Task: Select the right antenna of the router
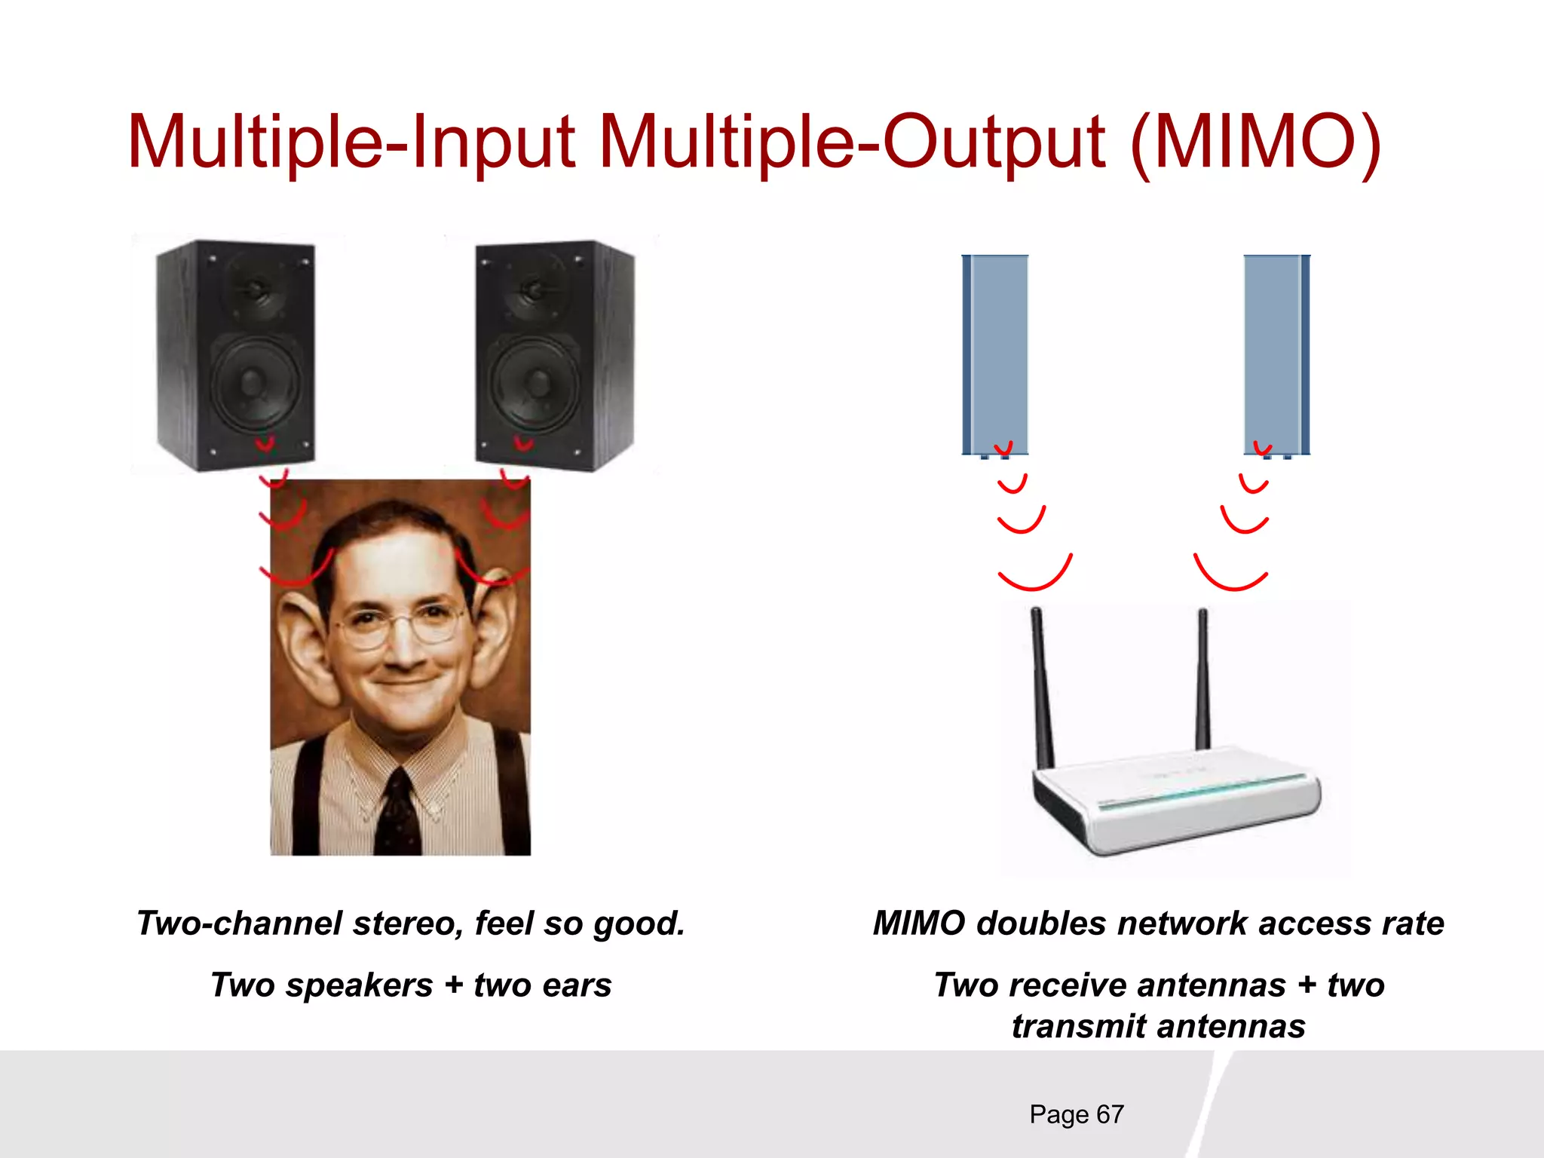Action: (x=1202, y=679)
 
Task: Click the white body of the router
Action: (x=1176, y=807)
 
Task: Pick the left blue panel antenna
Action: (x=995, y=354)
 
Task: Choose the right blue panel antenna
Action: (x=1276, y=354)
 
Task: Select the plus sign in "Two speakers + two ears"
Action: (x=453, y=985)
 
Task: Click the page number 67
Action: (x=1110, y=1114)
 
